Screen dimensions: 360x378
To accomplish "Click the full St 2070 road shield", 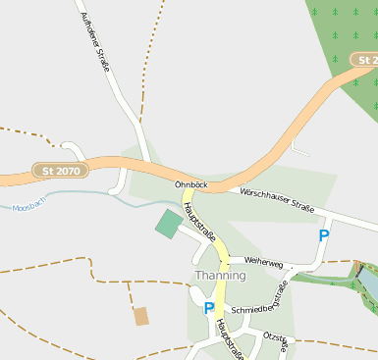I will (61, 171).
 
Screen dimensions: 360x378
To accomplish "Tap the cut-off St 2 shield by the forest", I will (365, 60).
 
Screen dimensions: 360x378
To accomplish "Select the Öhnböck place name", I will (191, 183).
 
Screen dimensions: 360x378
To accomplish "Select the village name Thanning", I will (220, 276).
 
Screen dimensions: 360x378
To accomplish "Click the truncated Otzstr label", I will (276, 340).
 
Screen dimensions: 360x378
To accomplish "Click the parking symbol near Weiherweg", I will (324, 235).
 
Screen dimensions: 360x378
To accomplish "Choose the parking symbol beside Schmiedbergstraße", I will (208, 308).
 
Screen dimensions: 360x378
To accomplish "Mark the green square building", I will (169, 223).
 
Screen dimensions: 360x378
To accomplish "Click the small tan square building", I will (141, 316).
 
